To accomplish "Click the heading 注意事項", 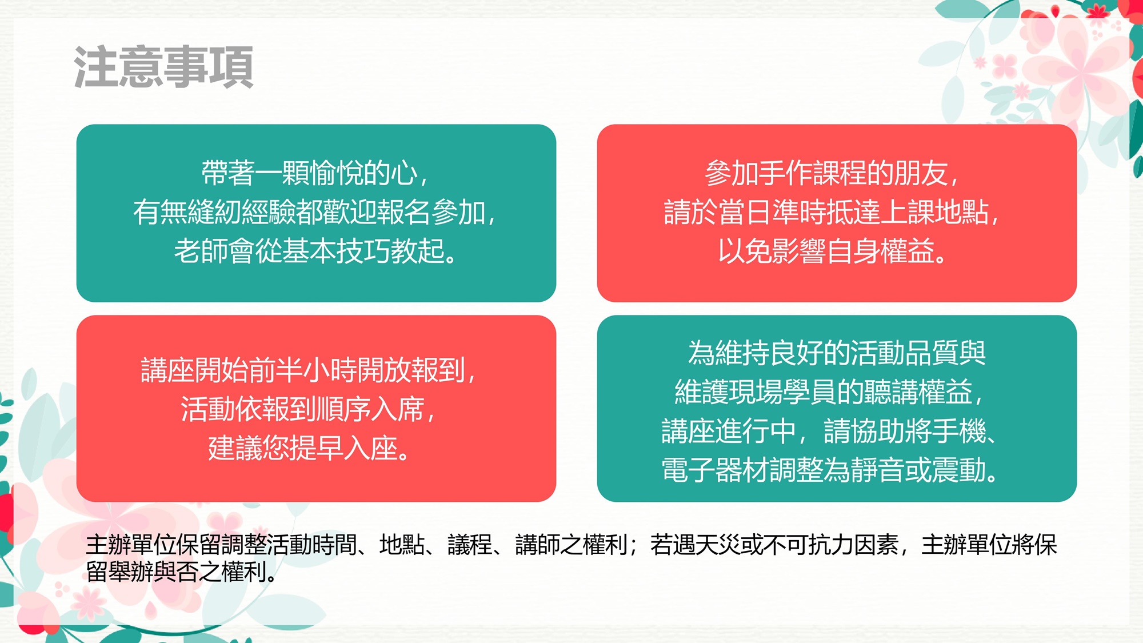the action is point(163,67).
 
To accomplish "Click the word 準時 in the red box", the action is point(799,212).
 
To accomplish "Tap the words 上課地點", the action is point(934,212).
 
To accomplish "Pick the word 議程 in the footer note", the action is point(470,545).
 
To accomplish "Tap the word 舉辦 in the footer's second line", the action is point(131,572).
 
